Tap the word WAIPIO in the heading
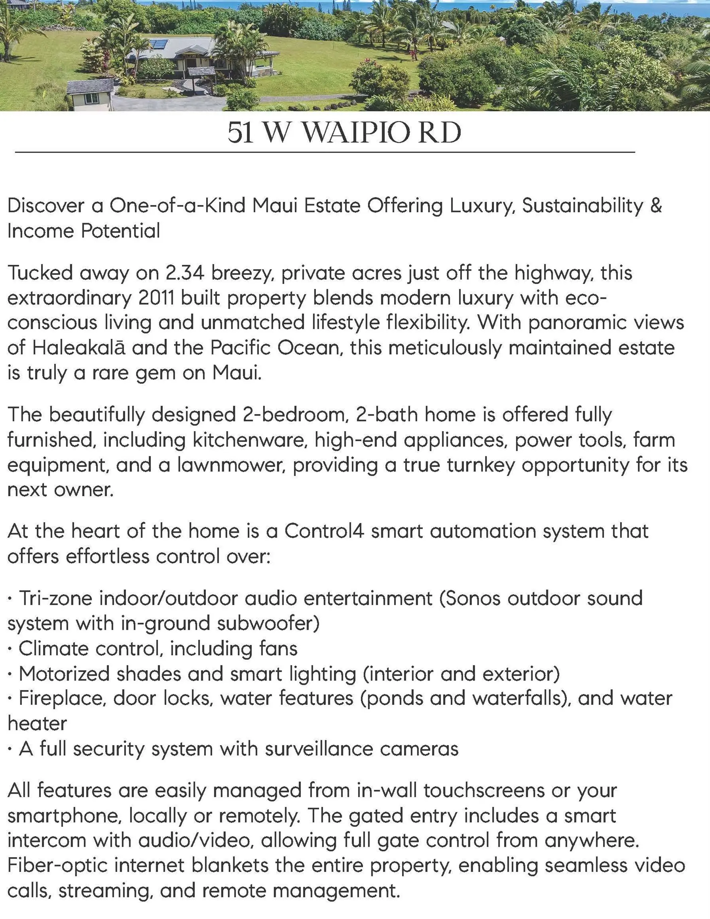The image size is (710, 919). tap(356, 133)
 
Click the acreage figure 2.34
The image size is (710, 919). tap(185, 273)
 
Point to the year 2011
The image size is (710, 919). tap(156, 298)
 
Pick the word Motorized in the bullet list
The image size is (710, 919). tap(64, 674)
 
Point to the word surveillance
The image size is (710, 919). tap(300, 749)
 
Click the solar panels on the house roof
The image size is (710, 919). tap(159, 44)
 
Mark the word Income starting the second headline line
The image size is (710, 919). tap(40, 231)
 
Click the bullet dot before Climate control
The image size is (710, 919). tap(10, 649)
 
